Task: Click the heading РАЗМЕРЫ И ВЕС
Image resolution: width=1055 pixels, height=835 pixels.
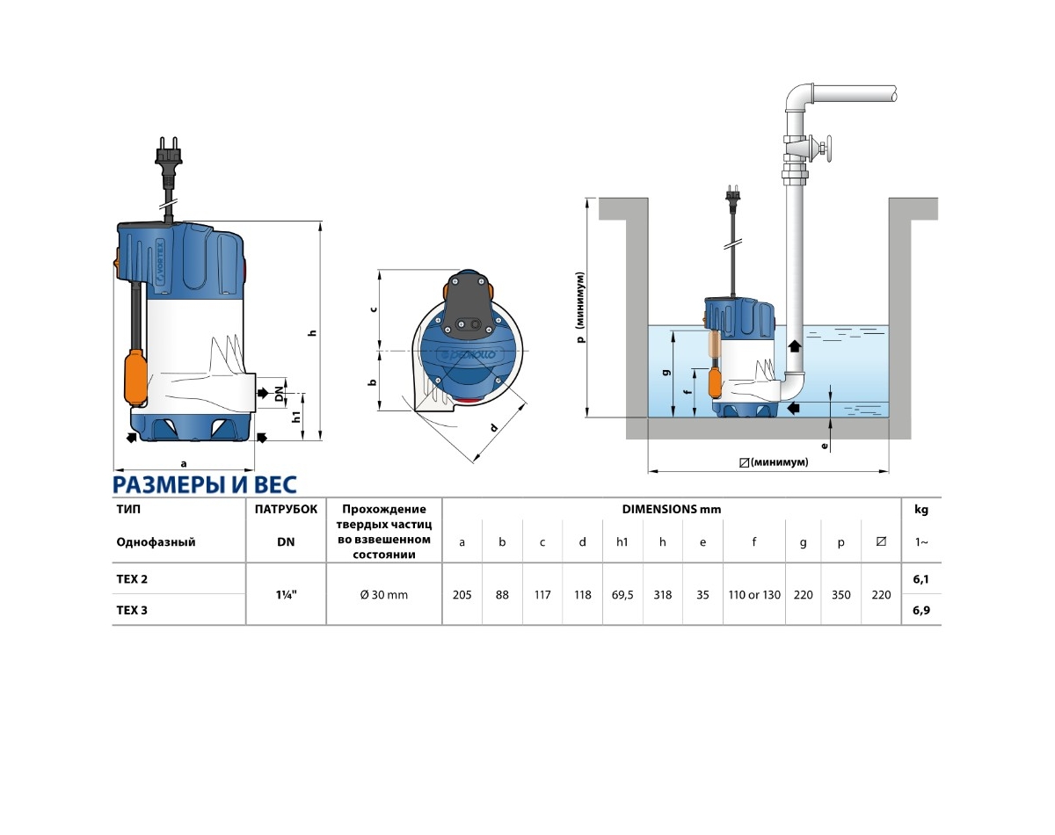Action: [205, 485]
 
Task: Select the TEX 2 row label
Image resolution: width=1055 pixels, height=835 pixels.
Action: [132, 579]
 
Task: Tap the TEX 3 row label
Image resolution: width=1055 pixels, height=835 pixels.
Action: [132, 610]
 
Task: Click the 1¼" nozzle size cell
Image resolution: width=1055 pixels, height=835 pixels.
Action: [286, 594]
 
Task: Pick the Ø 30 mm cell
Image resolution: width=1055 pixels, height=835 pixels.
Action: [384, 595]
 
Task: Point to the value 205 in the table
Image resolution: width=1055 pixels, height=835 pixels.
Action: [462, 595]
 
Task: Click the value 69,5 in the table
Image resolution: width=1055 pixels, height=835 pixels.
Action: [622, 595]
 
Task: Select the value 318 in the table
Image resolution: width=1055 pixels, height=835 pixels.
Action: [663, 595]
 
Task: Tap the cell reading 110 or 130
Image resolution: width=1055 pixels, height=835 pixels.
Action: [754, 595]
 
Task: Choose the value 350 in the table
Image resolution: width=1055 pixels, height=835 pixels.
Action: [841, 595]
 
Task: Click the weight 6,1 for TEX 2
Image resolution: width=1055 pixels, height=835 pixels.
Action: [921, 579]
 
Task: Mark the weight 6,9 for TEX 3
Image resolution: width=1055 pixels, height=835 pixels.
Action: [921, 610]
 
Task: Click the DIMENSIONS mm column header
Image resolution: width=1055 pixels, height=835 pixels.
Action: [672, 509]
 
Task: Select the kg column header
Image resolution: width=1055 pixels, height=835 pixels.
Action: [921, 509]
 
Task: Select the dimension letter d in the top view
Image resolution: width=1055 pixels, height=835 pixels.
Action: [494, 428]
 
